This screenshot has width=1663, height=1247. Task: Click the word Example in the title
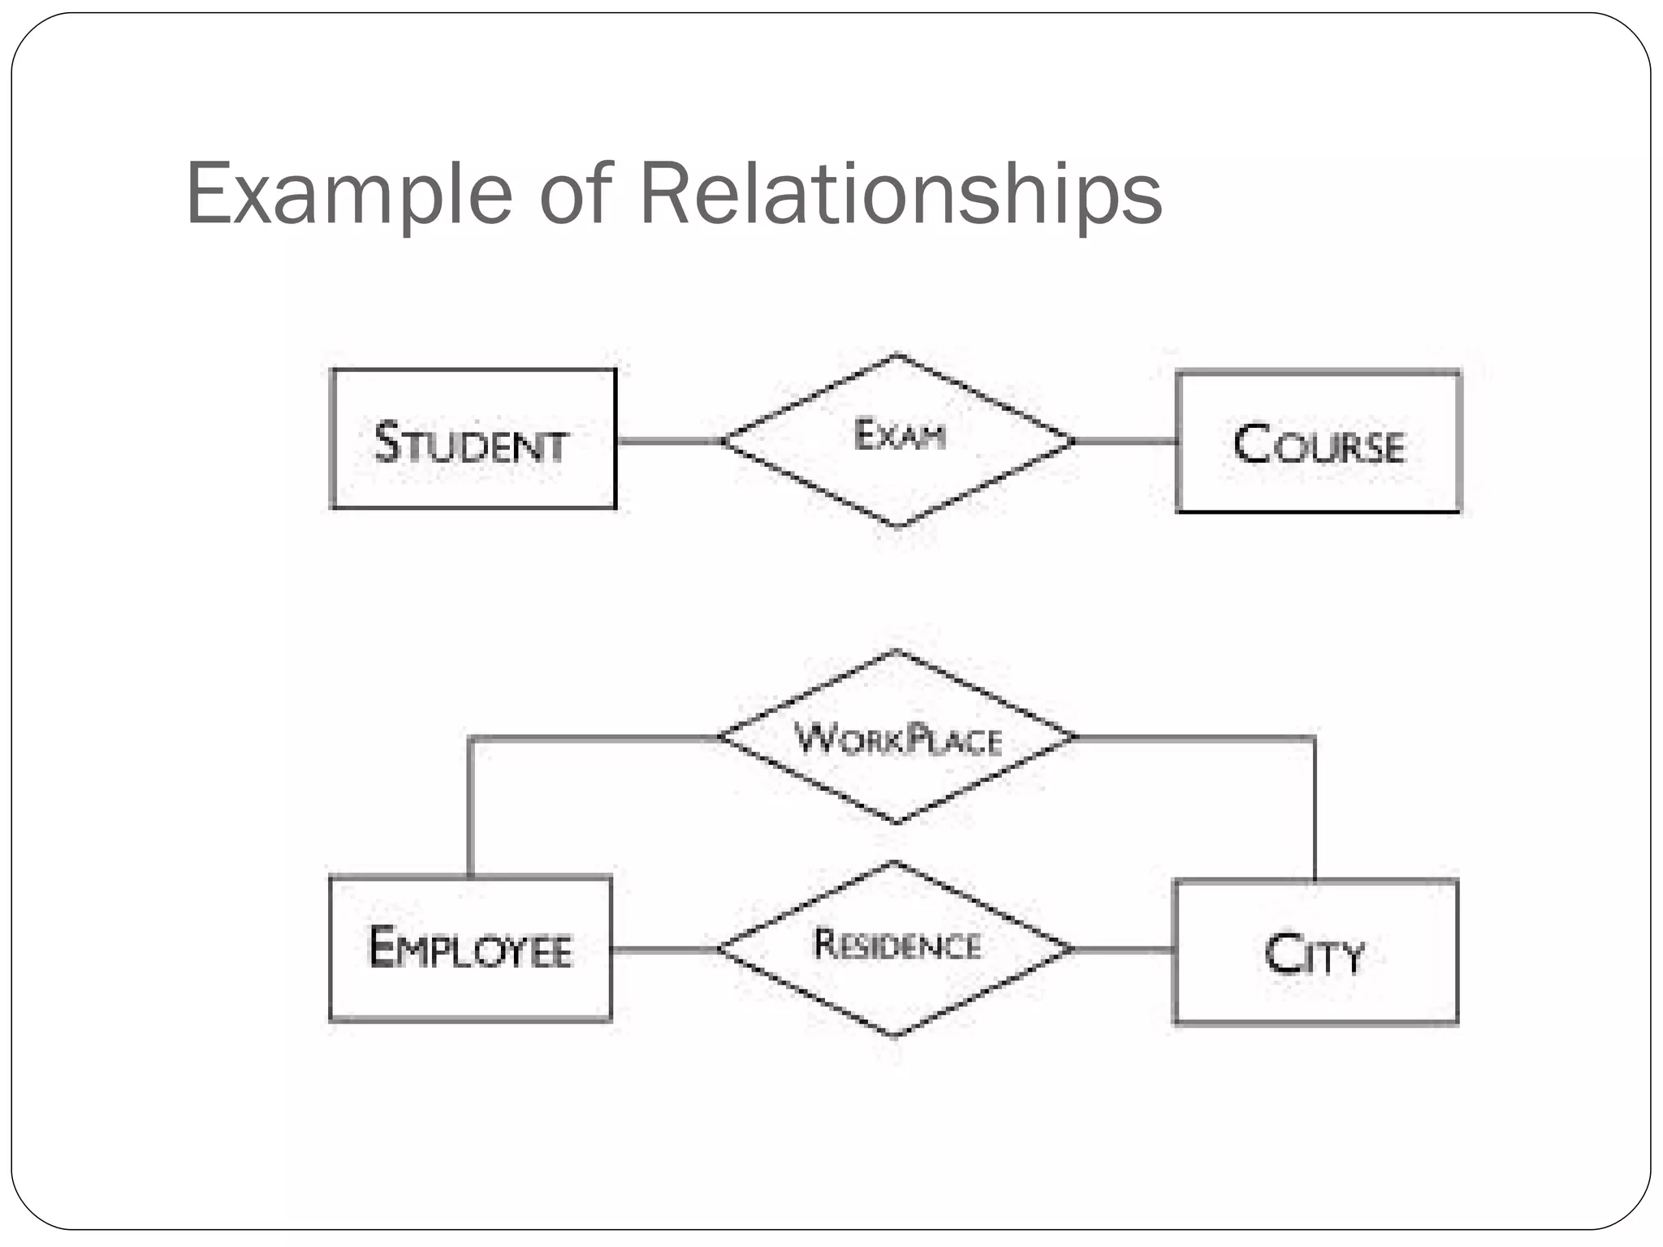click(x=349, y=195)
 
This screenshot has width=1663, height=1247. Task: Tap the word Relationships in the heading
click(x=901, y=195)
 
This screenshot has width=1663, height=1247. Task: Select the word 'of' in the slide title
click(x=575, y=195)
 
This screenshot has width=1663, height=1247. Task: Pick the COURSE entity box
click(x=1318, y=442)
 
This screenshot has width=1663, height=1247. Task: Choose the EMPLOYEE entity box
click(x=470, y=947)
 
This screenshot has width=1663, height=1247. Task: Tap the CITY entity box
click(x=1315, y=951)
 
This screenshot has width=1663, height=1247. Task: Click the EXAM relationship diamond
click(x=898, y=440)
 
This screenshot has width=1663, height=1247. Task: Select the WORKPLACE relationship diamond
click(x=896, y=737)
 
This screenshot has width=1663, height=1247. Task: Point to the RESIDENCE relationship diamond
click(x=896, y=948)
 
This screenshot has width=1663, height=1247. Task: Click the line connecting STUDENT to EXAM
click(x=669, y=441)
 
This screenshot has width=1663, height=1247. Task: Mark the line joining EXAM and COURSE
click(x=1125, y=442)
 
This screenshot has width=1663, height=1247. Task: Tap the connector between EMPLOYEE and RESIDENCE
click(x=665, y=948)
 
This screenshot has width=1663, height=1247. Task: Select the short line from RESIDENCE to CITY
click(x=1123, y=949)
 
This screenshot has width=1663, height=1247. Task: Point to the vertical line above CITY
click(x=1314, y=809)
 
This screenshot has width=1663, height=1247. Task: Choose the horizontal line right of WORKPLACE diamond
click(x=1194, y=737)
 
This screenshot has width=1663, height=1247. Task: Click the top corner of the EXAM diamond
click(x=897, y=356)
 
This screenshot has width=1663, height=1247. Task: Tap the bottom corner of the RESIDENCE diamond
click(x=895, y=1035)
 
